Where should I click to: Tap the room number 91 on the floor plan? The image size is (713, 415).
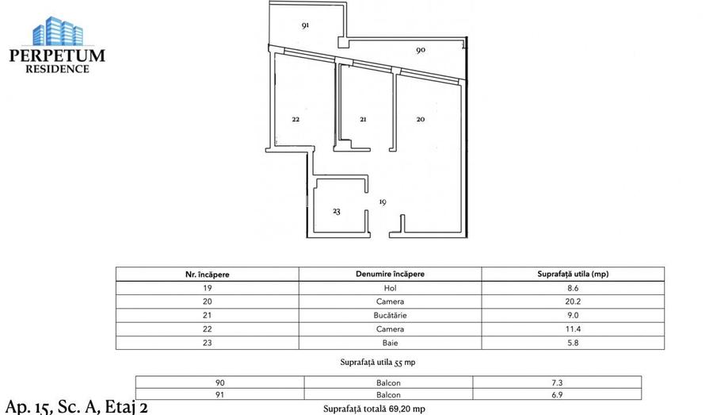click(305, 25)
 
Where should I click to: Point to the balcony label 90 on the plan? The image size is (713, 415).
click(421, 50)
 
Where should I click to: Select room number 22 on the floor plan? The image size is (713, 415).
click(295, 120)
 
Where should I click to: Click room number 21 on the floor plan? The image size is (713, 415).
click(363, 120)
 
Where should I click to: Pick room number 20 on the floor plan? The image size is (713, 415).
click(421, 120)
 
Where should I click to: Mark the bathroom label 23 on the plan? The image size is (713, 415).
click(337, 212)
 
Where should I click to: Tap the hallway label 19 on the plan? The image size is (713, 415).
click(383, 202)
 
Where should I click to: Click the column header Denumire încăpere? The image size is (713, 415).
click(390, 274)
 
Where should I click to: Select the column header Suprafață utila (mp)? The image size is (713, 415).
click(572, 274)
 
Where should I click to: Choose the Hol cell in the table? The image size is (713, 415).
click(390, 288)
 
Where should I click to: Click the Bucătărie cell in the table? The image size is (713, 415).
click(390, 315)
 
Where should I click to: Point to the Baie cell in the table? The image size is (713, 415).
click(390, 343)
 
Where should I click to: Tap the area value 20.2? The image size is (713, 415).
click(572, 302)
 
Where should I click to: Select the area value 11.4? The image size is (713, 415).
click(572, 329)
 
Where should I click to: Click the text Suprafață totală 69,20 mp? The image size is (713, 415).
click(374, 409)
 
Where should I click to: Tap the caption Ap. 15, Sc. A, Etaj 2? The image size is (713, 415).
click(76, 407)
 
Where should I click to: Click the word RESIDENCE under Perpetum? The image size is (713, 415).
click(57, 69)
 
